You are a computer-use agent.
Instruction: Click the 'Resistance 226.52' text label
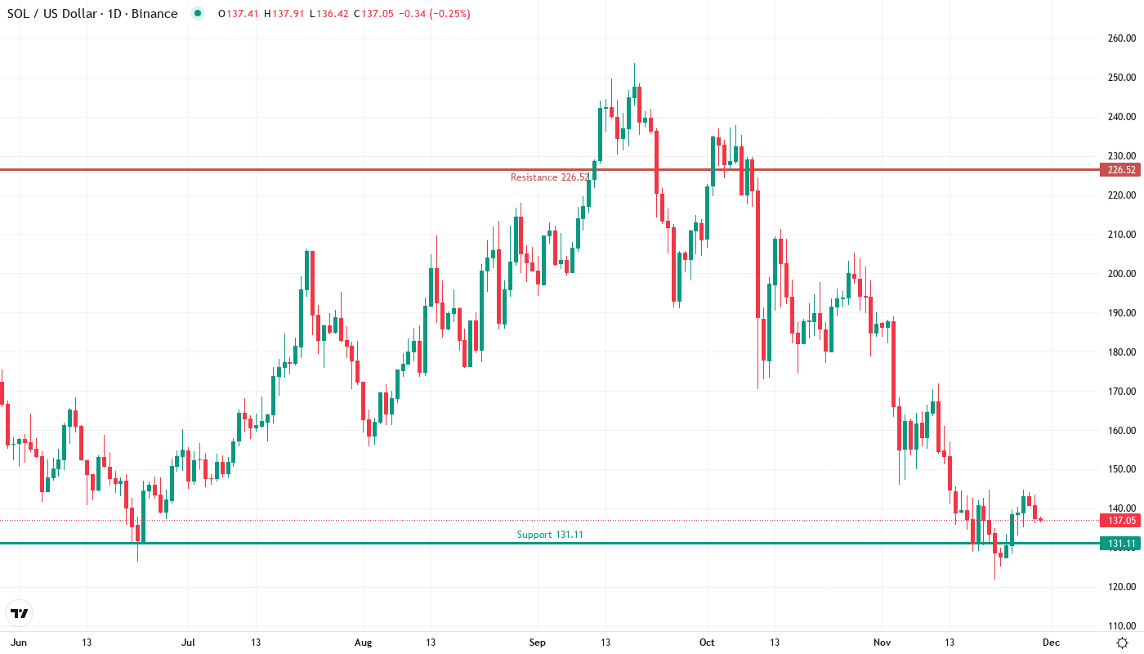[x=549, y=177]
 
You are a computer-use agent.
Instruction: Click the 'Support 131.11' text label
[x=550, y=535]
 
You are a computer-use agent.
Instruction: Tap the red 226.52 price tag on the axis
[x=1119, y=170]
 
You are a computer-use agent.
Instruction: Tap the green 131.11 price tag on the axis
[x=1119, y=544]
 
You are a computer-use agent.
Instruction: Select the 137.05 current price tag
[x=1119, y=521]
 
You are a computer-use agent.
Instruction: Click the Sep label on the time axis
[x=537, y=643]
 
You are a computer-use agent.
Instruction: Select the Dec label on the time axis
[x=1052, y=643]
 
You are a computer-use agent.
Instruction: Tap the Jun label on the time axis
[x=20, y=643]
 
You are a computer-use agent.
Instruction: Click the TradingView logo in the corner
[x=20, y=613]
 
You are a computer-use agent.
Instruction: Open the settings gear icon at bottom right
[x=1124, y=643]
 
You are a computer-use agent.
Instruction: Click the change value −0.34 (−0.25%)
[x=432, y=14]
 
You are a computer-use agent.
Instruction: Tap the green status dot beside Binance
[x=197, y=13]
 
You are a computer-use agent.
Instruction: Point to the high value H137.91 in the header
[x=282, y=14]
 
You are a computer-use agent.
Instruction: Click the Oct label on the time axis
[x=707, y=643]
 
